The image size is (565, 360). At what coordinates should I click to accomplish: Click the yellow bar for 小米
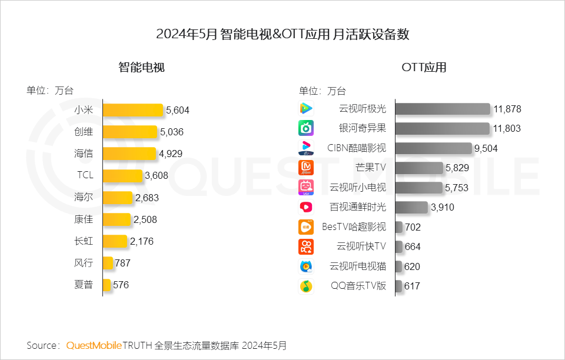pos(133,110)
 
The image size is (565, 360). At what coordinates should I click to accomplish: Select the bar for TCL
pos(122,175)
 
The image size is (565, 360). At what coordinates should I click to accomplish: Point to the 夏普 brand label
pos(84,285)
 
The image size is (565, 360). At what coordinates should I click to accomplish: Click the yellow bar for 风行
pos(108,263)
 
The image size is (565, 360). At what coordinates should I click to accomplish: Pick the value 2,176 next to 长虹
pos(142,241)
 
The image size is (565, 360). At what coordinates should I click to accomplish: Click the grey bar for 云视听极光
pos(443,109)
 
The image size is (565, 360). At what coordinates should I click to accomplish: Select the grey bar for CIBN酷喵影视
pos(434,148)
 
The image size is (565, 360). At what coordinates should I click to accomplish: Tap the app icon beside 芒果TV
pos(306,168)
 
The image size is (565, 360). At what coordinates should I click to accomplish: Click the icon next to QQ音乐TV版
pos(306,286)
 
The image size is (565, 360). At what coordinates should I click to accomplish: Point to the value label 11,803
pos(507,128)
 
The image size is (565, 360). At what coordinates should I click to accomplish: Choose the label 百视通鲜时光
pos(358,207)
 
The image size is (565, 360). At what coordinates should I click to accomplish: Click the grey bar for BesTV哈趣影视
pos(399,227)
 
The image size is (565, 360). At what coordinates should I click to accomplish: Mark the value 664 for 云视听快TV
pos(413,247)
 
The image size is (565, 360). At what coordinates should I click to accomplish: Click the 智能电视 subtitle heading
pos(141,67)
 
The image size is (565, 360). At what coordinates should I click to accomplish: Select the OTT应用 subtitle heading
pos(424,67)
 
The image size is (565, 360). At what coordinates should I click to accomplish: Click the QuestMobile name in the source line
pos(94,345)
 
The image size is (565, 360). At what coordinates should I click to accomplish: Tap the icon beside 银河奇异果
pos(306,128)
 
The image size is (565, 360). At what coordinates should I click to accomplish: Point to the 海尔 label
pos(84,197)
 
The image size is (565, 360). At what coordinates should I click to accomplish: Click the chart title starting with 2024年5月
pos(282,34)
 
